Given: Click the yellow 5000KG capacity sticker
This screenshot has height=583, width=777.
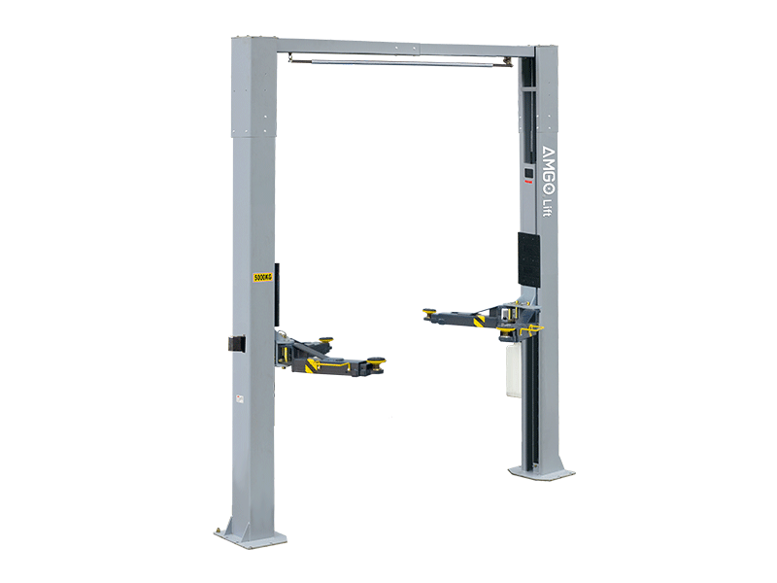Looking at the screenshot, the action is click(263, 277).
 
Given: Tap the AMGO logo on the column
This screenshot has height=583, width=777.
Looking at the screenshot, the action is click(549, 171).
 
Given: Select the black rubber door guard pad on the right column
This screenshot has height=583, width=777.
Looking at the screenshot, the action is click(528, 259).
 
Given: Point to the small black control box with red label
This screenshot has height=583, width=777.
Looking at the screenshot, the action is click(529, 175).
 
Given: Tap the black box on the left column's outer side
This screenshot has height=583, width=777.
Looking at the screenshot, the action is click(237, 344).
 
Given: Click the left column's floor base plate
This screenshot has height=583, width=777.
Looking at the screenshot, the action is click(251, 536).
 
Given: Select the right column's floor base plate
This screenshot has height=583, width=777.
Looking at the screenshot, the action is click(541, 471).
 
